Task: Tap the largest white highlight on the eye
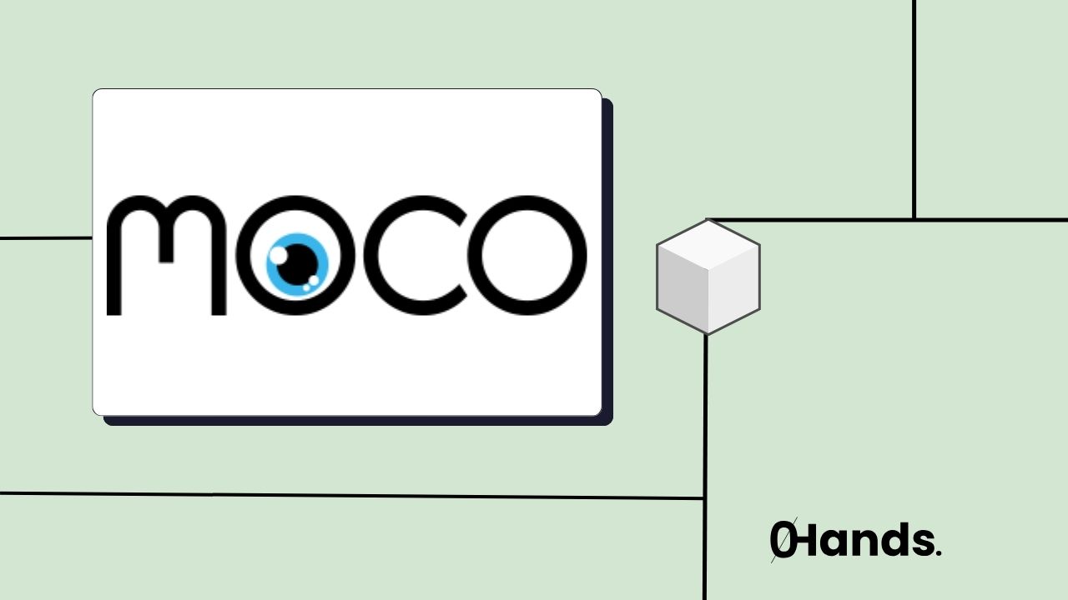pyautogui.click(x=278, y=252)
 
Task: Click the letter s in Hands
pyautogui.click(x=922, y=544)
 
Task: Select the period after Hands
pyautogui.click(x=939, y=552)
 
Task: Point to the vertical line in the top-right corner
pyautogui.click(x=914, y=108)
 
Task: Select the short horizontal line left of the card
pyautogui.click(x=46, y=238)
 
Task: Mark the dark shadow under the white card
pyautogui.click(x=359, y=421)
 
